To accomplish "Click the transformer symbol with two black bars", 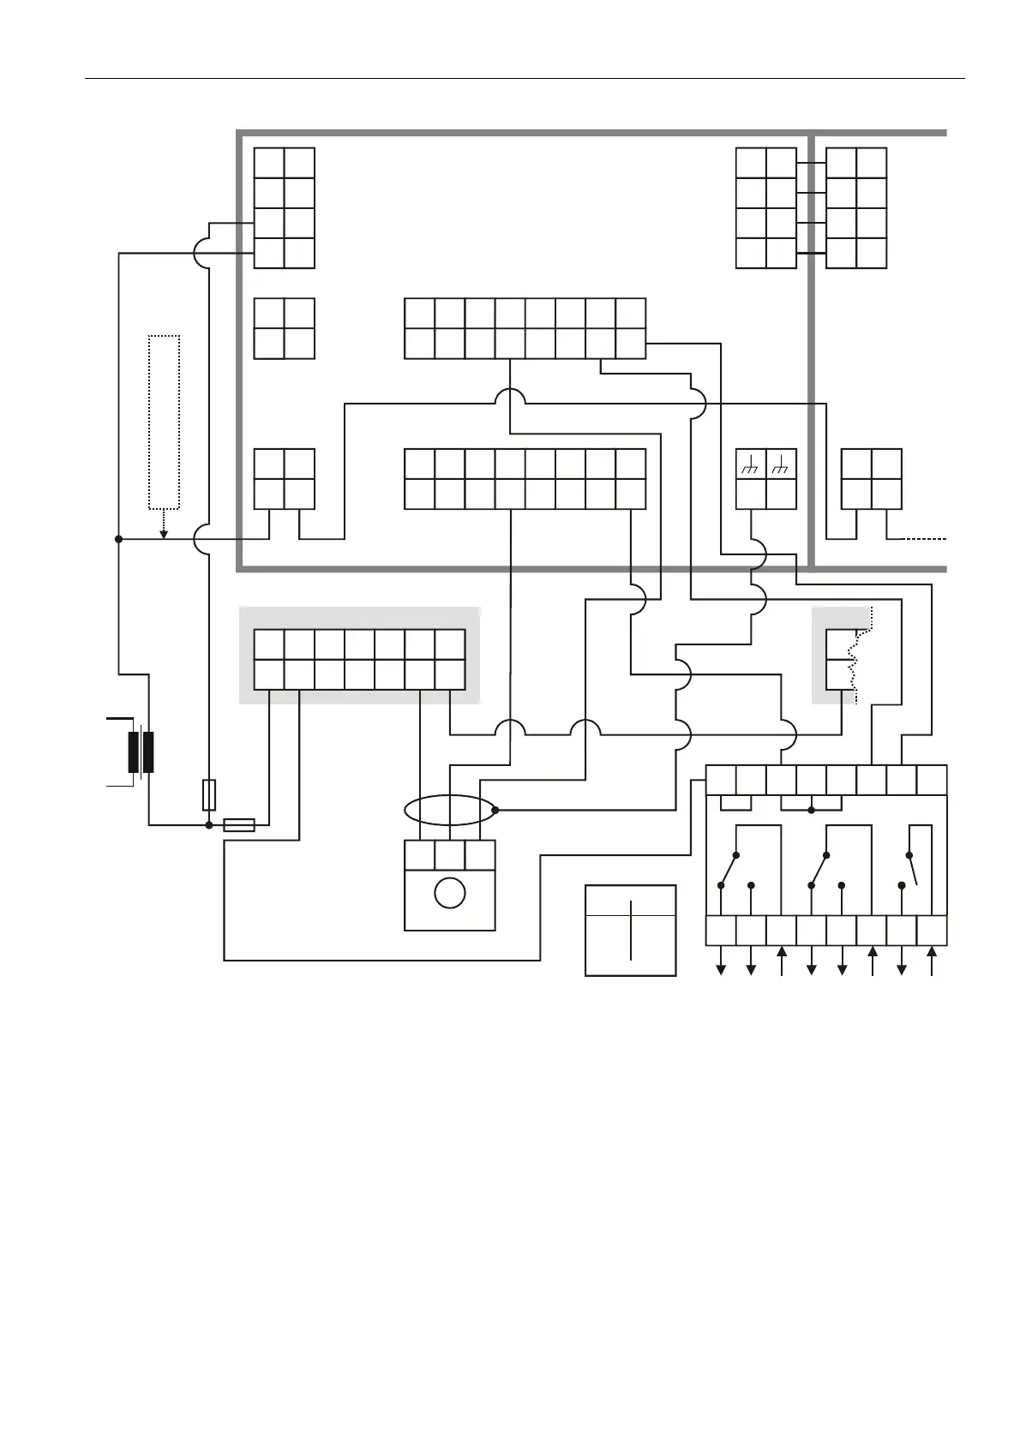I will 141,751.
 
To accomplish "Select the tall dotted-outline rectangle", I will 164,422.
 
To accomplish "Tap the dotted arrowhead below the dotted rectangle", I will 164,535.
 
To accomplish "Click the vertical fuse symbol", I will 208,795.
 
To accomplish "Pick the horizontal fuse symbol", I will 239,825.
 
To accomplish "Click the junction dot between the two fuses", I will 208,825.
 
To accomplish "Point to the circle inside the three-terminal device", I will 450,893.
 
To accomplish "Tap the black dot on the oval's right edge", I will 495,810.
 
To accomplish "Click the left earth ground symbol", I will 751,465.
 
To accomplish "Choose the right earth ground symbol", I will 781,465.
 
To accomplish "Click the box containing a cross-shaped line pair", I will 631,930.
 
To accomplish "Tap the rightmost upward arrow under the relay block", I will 932,960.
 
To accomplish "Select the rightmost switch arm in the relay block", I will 913,870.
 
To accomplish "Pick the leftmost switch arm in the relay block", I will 729,870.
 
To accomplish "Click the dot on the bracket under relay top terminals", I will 812,810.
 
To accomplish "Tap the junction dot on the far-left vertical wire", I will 119,539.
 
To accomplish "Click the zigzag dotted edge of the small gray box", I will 853,660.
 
